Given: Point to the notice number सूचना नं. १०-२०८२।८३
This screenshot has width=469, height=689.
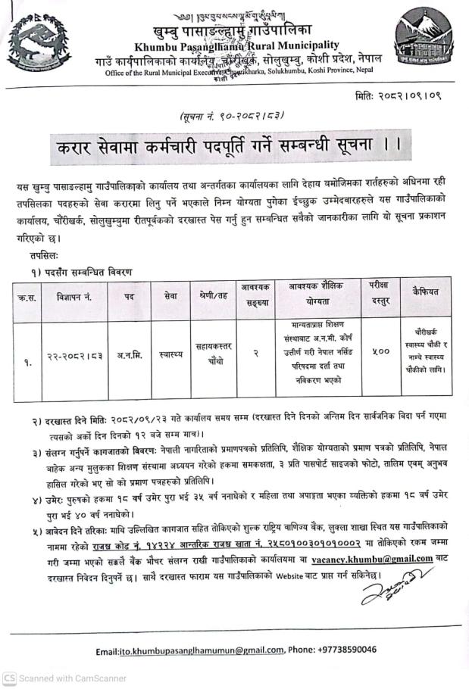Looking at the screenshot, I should [x=227, y=116].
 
